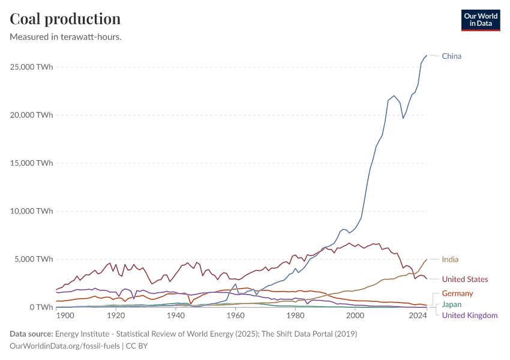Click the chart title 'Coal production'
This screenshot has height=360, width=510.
(x=65, y=19)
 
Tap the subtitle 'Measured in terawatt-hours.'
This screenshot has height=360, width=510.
(x=66, y=37)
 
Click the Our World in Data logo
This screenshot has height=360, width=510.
(x=480, y=20)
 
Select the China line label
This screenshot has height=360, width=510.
(x=451, y=56)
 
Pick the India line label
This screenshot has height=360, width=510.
(x=450, y=260)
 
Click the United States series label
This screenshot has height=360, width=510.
(x=464, y=279)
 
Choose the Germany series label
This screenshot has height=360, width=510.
(x=457, y=293)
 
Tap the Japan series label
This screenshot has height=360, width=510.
(x=452, y=304)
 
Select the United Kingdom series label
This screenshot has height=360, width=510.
(x=469, y=315)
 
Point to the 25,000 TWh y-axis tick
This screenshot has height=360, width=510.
(x=32, y=67)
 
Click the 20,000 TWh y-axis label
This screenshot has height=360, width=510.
(x=32, y=115)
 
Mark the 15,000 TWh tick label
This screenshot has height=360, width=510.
(x=32, y=163)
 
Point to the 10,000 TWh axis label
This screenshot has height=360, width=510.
(x=32, y=211)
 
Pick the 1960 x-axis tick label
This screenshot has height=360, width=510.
(x=235, y=316)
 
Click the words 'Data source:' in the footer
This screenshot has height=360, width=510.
(x=31, y=334)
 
